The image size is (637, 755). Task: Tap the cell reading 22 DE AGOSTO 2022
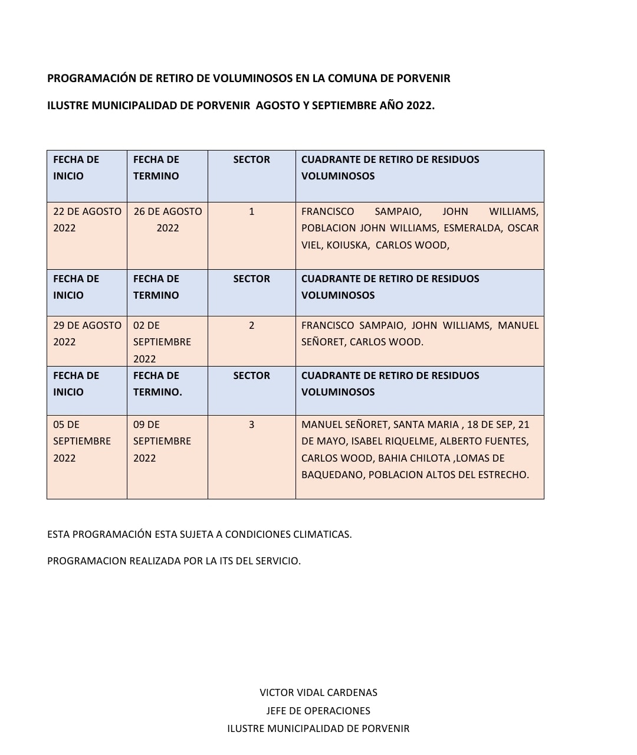coord(87,220)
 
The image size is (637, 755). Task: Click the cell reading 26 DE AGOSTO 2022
coord(168,220)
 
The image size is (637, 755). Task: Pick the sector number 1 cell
coord(252,211)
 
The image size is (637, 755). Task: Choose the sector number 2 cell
coord(252,325)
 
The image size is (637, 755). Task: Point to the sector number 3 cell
coord(252,424)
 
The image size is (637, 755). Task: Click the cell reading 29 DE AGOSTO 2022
coord(87,334)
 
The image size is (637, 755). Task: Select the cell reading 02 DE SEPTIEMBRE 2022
coord(162,342)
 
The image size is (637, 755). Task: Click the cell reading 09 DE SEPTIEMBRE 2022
coord(162,441)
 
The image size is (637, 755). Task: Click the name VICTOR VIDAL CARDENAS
coord(318,692)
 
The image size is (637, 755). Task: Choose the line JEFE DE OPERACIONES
coord(318,711)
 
